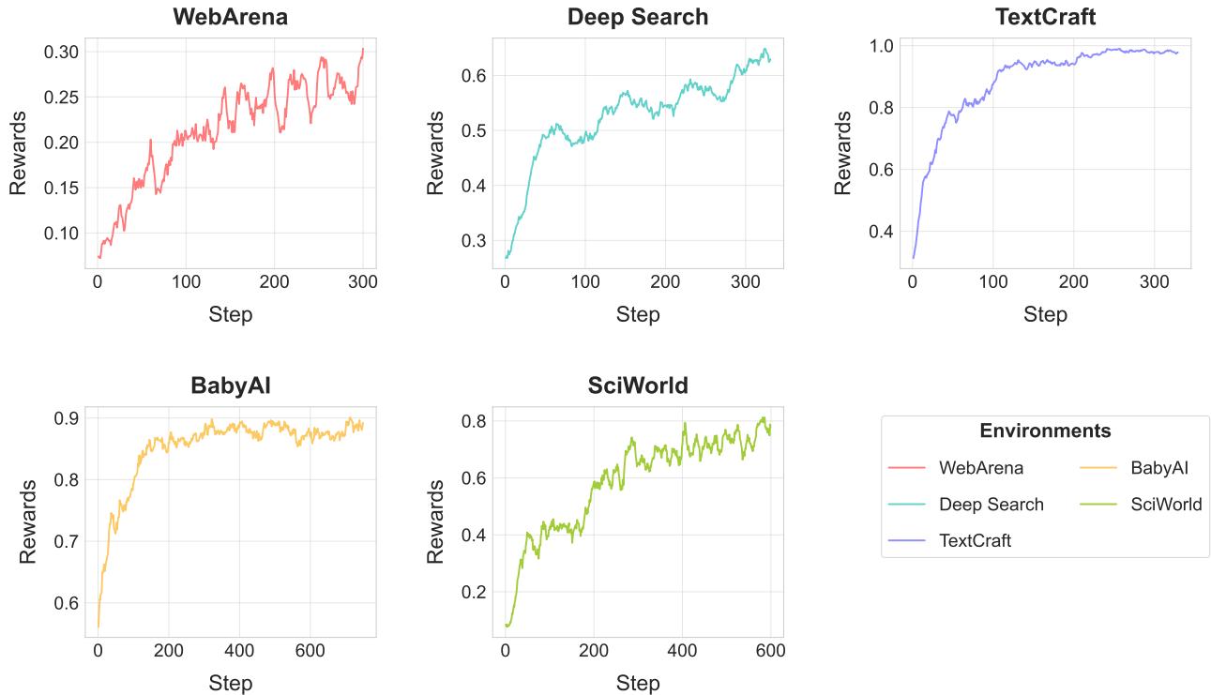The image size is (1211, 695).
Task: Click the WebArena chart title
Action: point(230,17)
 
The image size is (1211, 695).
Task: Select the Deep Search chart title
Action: point(638,17)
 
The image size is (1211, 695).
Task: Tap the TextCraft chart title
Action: point(1045,17)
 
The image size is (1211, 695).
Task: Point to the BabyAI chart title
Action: point(230,385)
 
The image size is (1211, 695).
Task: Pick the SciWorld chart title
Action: point(638,385)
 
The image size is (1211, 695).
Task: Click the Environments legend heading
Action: point(1045,431)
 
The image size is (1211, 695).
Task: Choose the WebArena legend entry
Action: point(981,467)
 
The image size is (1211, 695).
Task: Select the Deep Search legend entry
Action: point(991,505)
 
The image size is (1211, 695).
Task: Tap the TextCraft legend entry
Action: point(975,540)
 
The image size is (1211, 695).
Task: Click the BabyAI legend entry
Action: point(1159,467)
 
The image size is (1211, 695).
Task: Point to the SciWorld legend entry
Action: point(1166,505)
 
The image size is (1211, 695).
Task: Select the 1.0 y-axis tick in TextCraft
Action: point(885,46)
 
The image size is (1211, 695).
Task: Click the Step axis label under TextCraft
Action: point(1045,314)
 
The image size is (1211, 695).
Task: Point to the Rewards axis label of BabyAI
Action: point(28,521)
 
